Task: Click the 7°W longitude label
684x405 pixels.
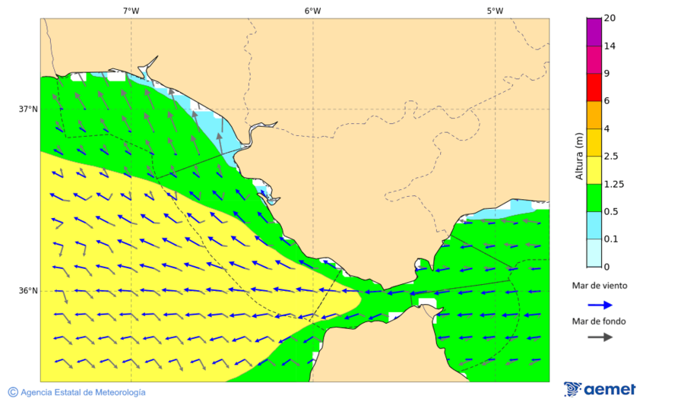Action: (131, 11)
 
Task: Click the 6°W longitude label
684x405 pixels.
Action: (312, 11)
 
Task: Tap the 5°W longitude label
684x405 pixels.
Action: (495, 11)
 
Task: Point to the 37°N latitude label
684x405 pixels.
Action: (28, 109)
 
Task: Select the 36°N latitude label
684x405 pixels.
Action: (28, 291)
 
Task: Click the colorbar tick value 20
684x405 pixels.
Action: (610, 18)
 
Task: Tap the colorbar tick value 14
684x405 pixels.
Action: (610, 46)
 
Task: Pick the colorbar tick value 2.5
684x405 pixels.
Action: (611, 157)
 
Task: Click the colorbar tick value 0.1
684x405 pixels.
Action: (611, 239)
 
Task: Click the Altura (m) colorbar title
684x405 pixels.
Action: (579, 156)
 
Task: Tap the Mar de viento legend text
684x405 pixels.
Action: (600, 286)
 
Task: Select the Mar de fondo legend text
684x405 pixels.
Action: (600, 321)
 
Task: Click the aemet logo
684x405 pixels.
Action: (600, 389)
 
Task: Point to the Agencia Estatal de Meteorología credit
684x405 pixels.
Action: (76, 392)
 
